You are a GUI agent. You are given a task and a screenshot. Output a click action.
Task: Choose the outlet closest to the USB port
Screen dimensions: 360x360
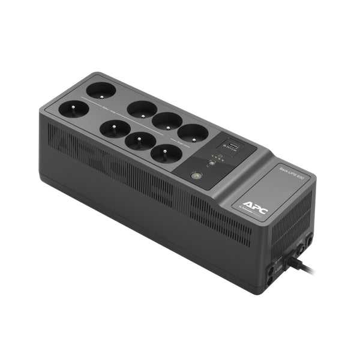(193, 133)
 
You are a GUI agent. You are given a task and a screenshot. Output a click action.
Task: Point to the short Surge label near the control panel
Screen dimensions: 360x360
(181, 143)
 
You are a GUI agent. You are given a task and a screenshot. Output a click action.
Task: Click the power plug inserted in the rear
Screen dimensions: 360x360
(295, 259)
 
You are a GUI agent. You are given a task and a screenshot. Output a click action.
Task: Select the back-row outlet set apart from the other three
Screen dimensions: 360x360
(100, 91)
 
